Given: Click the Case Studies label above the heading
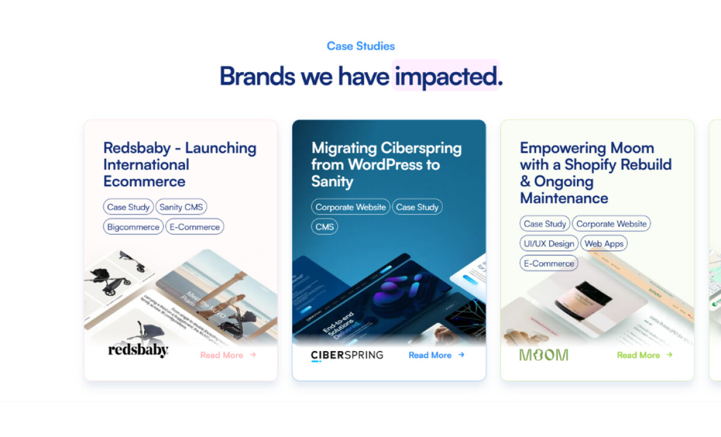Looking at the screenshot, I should [360, 46].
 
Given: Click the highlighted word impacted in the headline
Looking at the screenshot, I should [446, 76].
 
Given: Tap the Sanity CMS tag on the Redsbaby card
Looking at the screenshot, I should [181, 207].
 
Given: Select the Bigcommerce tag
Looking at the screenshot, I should [133, 227].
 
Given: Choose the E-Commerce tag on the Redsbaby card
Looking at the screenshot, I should [195, 227].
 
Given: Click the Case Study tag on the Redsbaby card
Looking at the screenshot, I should [128, 207].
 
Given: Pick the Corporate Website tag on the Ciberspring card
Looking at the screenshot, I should [351, 207].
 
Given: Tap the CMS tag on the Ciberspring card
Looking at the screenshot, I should [324, 227].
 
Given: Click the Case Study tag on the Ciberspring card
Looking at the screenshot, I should [418, 207].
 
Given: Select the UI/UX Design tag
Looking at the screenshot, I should [549, 243].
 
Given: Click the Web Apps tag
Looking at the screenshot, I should [604, 243].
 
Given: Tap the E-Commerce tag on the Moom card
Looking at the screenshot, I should [549, 263].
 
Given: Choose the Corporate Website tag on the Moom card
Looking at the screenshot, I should [612, 224].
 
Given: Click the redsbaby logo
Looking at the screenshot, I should [138, 350].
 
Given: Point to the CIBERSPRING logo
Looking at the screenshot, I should [347, 355].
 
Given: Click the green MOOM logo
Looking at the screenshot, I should [543, 355].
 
